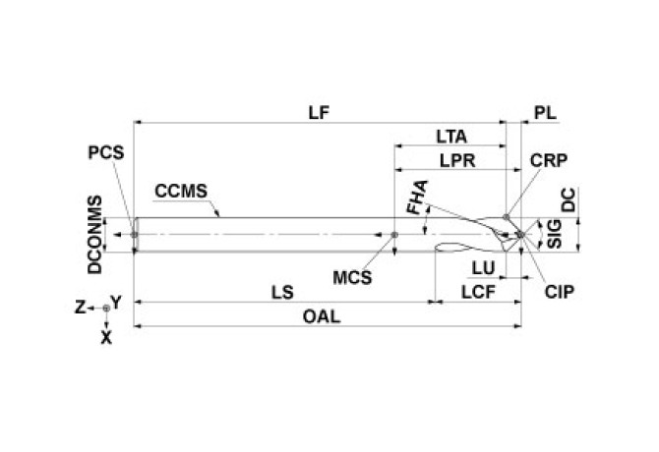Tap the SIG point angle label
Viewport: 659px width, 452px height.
tap(553, 234)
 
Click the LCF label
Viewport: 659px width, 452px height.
tap(477, 292)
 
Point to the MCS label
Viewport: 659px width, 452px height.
tap(352, 277)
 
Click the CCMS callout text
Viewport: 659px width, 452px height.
tap(179, 191)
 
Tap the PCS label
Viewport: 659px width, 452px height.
tap(104, 153)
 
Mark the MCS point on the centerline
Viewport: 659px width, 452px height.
tap(394, 235)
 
